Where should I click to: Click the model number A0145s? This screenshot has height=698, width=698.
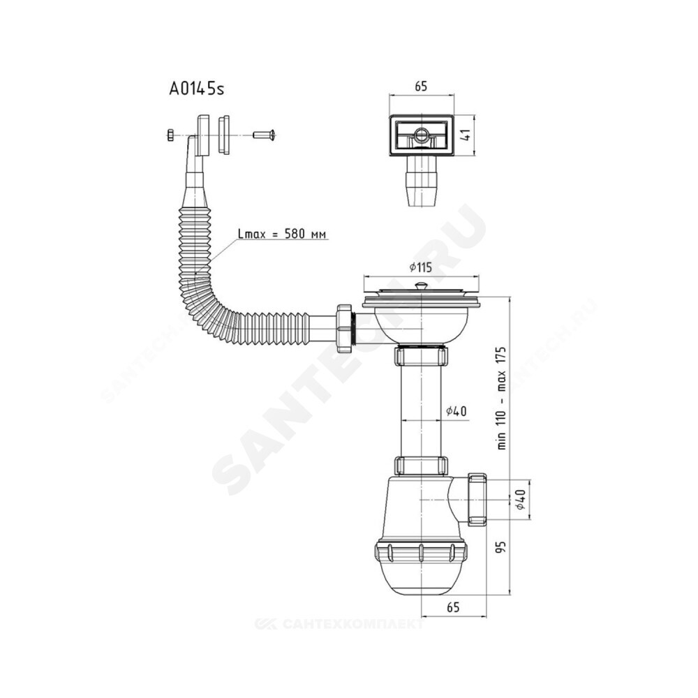pyautogui.click(x=197, y=89)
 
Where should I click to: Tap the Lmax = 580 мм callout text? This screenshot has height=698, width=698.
pyautogui.click(x=283, y=234)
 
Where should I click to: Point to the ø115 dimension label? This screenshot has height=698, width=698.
pyautogui.click(x=421, y=267)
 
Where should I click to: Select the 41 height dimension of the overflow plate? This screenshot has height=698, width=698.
pyautogui.click(x=466, y=135)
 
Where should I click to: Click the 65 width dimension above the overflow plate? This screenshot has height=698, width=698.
pyautogui.click(x=421, y=87)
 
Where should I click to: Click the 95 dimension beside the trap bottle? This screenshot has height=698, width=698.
pyautogui.click(x=502, y=547)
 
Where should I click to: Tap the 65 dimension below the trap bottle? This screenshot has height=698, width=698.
pyautogui.click(x=453, y=607)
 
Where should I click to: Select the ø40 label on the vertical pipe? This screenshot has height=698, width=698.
pyautogui.click(x=456, y=411)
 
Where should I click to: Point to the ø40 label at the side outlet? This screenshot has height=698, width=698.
pyautogui.click(x=521, y=500)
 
